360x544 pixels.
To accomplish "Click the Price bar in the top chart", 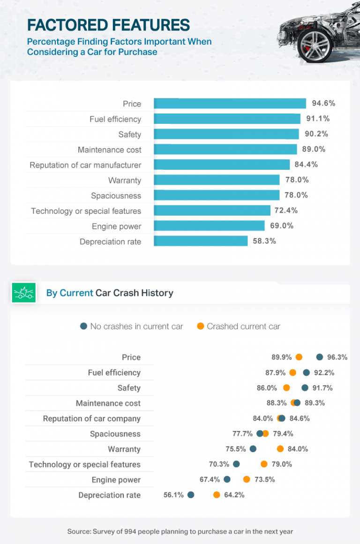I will [x=230, y=104].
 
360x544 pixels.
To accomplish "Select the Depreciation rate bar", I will [x=201, y=241].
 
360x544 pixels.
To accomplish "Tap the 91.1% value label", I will [x=316, y=119].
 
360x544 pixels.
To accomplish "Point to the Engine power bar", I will [x=209, y=226].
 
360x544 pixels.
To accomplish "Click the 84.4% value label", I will [x=307, y=165].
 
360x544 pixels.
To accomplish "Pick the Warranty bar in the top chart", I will [x=217, y=180].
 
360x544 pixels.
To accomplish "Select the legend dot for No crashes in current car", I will [x=83, y=326].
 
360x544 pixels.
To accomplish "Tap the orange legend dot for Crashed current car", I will [x=201, y=326].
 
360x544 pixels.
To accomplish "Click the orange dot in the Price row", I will [x=299, y=357].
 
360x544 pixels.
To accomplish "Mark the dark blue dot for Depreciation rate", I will [x=191, y=495].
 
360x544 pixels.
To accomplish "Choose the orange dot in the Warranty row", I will [x=280, y=449].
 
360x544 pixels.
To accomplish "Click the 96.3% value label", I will [x=337, y=357].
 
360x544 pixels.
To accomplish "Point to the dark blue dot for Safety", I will [x=305, y=388].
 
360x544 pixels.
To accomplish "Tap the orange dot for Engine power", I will [x=247, y=479].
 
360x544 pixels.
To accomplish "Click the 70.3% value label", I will [x=219, y=464].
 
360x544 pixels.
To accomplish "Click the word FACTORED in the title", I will [x=65, y=25].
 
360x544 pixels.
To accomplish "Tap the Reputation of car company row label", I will [x=91, y=419].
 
